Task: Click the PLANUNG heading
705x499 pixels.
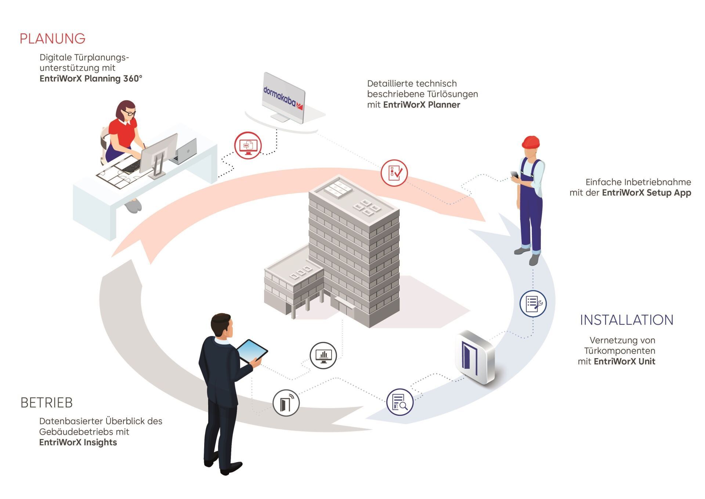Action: [x=53, y=39]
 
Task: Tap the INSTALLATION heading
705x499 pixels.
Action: [x=626, y=320]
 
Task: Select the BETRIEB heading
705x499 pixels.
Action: [x=47, y=403]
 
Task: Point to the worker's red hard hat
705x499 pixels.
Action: [x=531, y=142]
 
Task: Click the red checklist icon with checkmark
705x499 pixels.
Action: [x=394, y=172]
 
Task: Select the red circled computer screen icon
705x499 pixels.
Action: [x=248, y=145]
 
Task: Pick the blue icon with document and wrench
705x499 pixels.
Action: [x=533, y=303]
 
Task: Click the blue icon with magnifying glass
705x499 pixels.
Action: [x=400, y=402]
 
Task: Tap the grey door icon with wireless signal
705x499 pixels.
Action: [x=286, y=403]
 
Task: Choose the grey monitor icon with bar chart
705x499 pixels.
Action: [x=323, y=355]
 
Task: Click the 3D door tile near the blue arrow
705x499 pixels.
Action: [x=475, y=357]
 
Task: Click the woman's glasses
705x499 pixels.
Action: [x=129, y=113]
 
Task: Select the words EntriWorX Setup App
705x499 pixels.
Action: [x=647, y=193]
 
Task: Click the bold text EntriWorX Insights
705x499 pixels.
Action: [x=78, y=442]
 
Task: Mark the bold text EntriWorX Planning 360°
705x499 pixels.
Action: [x=91, y=78]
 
